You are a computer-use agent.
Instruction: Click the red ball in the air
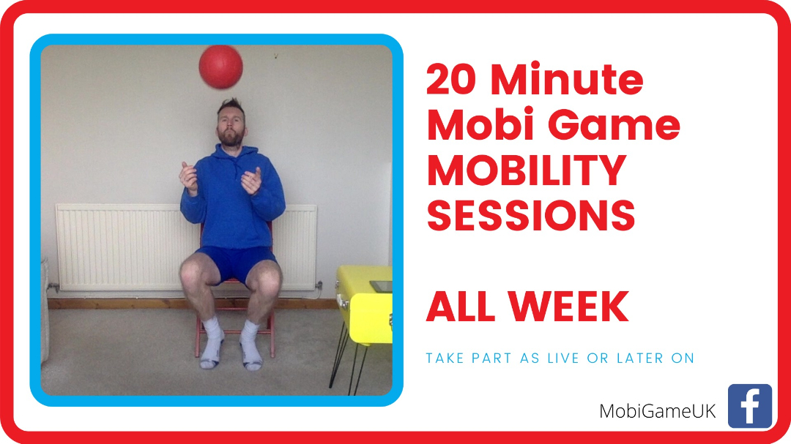(x=220, y=67)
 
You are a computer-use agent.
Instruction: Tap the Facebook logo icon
(x=750, y=406)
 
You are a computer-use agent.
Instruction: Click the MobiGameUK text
(x=657, y=411)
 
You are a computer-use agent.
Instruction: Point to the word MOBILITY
(x=527, y=170)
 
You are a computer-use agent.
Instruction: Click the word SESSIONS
(x=531, y=216)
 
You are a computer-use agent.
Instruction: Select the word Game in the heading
(x=614, y=126)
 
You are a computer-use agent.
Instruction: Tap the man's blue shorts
(x=236, y=263)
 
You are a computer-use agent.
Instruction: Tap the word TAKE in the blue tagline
(x=445, y=358)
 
